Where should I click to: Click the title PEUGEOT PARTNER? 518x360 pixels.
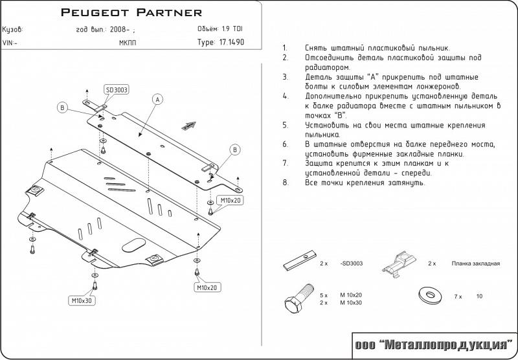[x=131, y=12]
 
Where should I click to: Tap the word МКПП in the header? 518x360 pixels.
[x=128, y=43]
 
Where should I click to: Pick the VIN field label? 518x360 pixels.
[x=10, y=43]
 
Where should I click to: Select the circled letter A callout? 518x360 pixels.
[x=157, y=99]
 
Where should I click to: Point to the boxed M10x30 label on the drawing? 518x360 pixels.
[x=82, y=300]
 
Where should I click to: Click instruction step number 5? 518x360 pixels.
[x=286, y=124]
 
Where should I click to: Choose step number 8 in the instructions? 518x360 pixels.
[x=286, y=183]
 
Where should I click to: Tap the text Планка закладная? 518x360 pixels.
[x=475, y=264]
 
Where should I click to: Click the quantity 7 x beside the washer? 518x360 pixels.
[x=458, y=296]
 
